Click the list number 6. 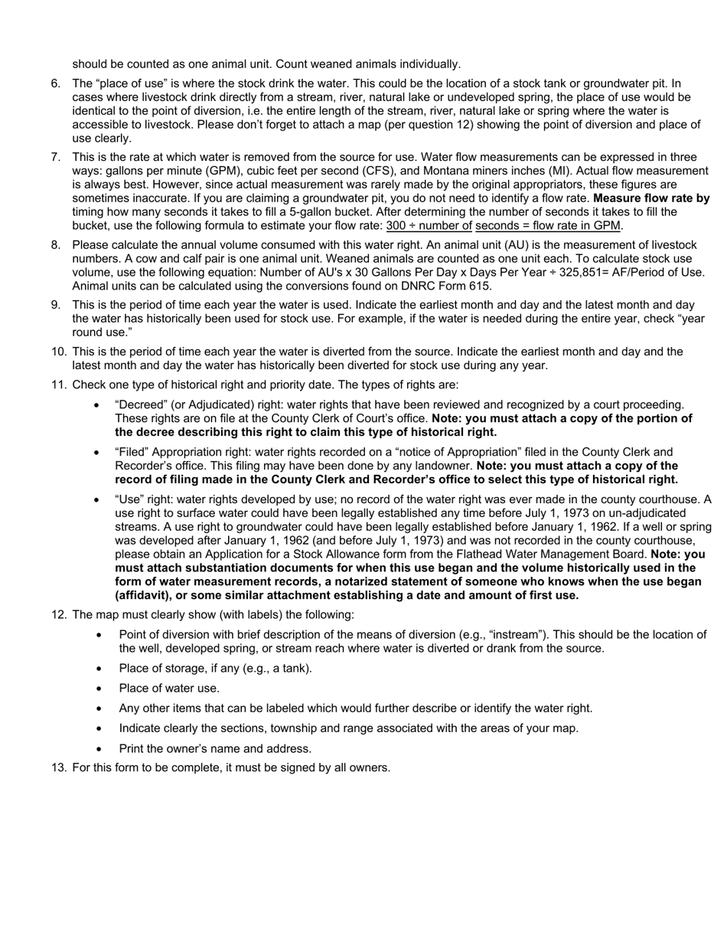coord(56,83)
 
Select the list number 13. coord(58,767)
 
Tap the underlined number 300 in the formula coord(396,226)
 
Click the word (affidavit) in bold coord(142,595)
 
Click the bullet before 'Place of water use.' coord(99,689)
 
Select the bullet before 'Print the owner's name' coord(99,749)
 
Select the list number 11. coord(58,384)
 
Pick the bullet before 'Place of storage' coord(99,669)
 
